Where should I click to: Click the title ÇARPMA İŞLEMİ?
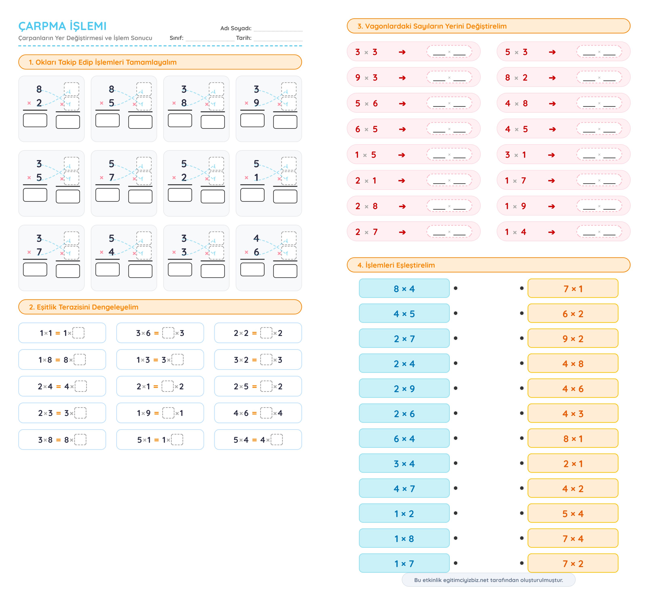62,26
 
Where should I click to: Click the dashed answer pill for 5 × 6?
449,103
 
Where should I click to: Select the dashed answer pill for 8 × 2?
599,78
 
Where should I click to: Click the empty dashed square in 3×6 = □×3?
168,333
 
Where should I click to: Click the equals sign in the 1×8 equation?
58,360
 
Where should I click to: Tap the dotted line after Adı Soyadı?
278,29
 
